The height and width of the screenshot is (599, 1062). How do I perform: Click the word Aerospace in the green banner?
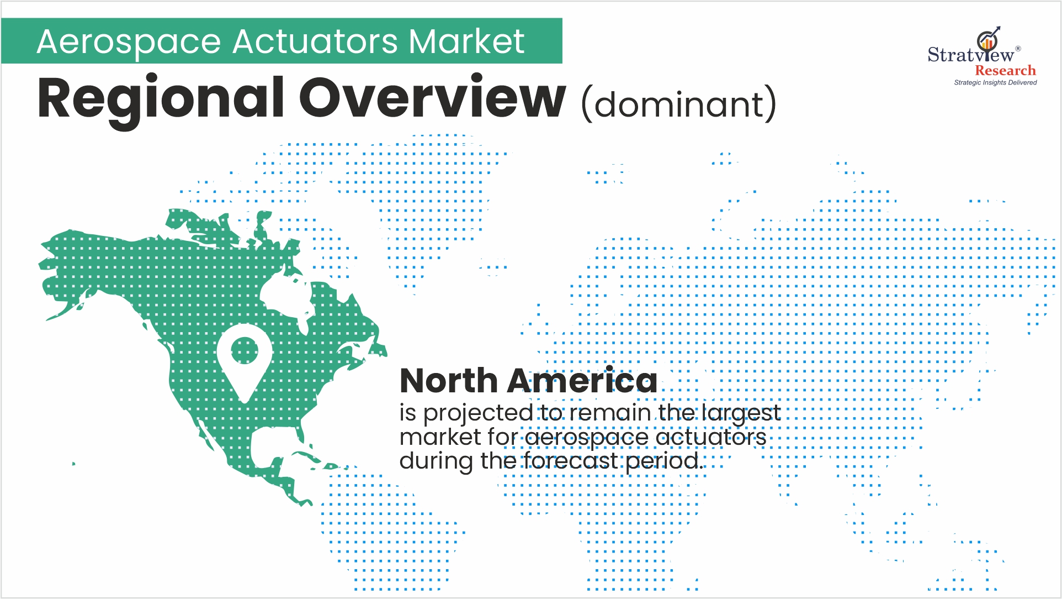click(x=129, y=42)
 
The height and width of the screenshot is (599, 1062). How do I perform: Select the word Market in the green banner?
click(x=466, y=42)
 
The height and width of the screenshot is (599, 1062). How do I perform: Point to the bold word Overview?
click(x=432, y=98)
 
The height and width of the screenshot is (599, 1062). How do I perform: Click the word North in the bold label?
click(x=449, y=381)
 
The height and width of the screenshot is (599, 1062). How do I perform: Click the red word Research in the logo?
click(x=1005, y=71)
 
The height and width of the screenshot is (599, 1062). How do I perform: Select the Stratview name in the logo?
click(x=970, y=55)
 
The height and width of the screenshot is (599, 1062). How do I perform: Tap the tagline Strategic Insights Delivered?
click(x=995, y=83)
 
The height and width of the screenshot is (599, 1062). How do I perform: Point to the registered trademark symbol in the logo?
click(x=1018, y=49)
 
